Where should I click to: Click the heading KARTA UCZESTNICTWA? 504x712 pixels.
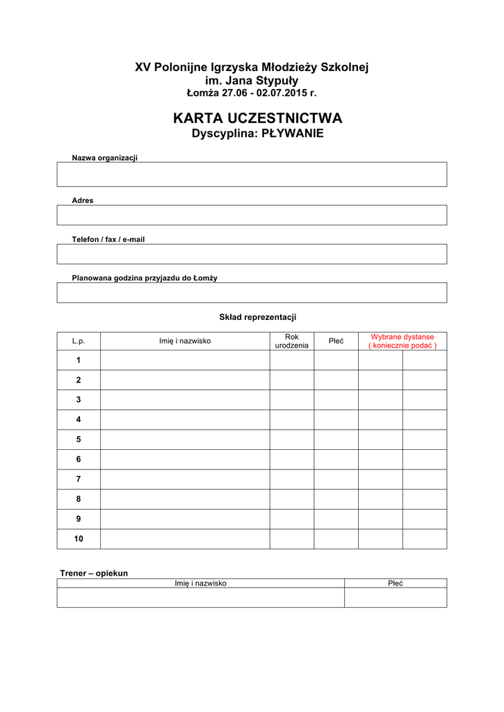(x=257, y=119)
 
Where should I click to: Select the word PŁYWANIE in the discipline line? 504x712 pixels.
(x=292, y=133)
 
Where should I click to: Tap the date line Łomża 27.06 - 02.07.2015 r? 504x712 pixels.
(x=252, y=93)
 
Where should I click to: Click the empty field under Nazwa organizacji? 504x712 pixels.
(x=252, y=175)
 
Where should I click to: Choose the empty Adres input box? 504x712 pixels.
(x=252, y=215)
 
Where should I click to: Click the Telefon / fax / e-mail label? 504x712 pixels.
(x=108, y=239)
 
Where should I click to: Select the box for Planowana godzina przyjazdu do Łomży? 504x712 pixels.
(x=252, y=293)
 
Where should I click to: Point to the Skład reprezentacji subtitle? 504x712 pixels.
(x=258, y=317)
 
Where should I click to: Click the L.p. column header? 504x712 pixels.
(x=79, y=341)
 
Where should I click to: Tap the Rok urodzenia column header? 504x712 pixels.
(x=291, y=341)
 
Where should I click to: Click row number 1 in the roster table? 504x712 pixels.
(x=79, y=360)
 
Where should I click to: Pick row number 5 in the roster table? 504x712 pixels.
(x=79, y=439)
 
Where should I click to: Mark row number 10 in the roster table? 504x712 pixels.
(x=79, y=539)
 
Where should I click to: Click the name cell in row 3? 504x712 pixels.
(x=185, y=400)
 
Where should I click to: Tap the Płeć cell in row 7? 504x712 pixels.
(x=336, y=479)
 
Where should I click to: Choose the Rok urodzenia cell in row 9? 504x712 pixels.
(x=291, y=519)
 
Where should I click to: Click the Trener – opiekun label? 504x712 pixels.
(x=94, y=573)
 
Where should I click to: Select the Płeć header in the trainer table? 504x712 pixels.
(x=395, y=583)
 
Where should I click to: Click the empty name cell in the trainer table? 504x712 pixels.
(x=200, y=598)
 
